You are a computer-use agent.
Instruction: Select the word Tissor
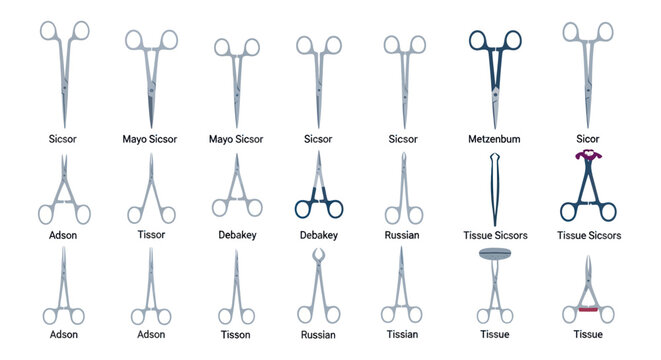tap(149, 235)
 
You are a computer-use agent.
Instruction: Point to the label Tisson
tap(236, 333)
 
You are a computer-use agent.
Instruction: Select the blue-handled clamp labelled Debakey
tap(319, 190)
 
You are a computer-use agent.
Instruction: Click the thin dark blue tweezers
tap(495, 190)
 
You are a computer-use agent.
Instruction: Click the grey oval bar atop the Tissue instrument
tap(495, 254)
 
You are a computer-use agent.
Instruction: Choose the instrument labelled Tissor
tap(149, 190)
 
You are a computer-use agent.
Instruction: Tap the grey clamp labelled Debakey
tap(237, 190)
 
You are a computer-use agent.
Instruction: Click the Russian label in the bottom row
tap(319, 334)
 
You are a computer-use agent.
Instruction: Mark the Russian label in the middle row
tap(402, 235)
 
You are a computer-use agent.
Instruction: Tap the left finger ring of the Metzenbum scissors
tap(480, 39)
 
